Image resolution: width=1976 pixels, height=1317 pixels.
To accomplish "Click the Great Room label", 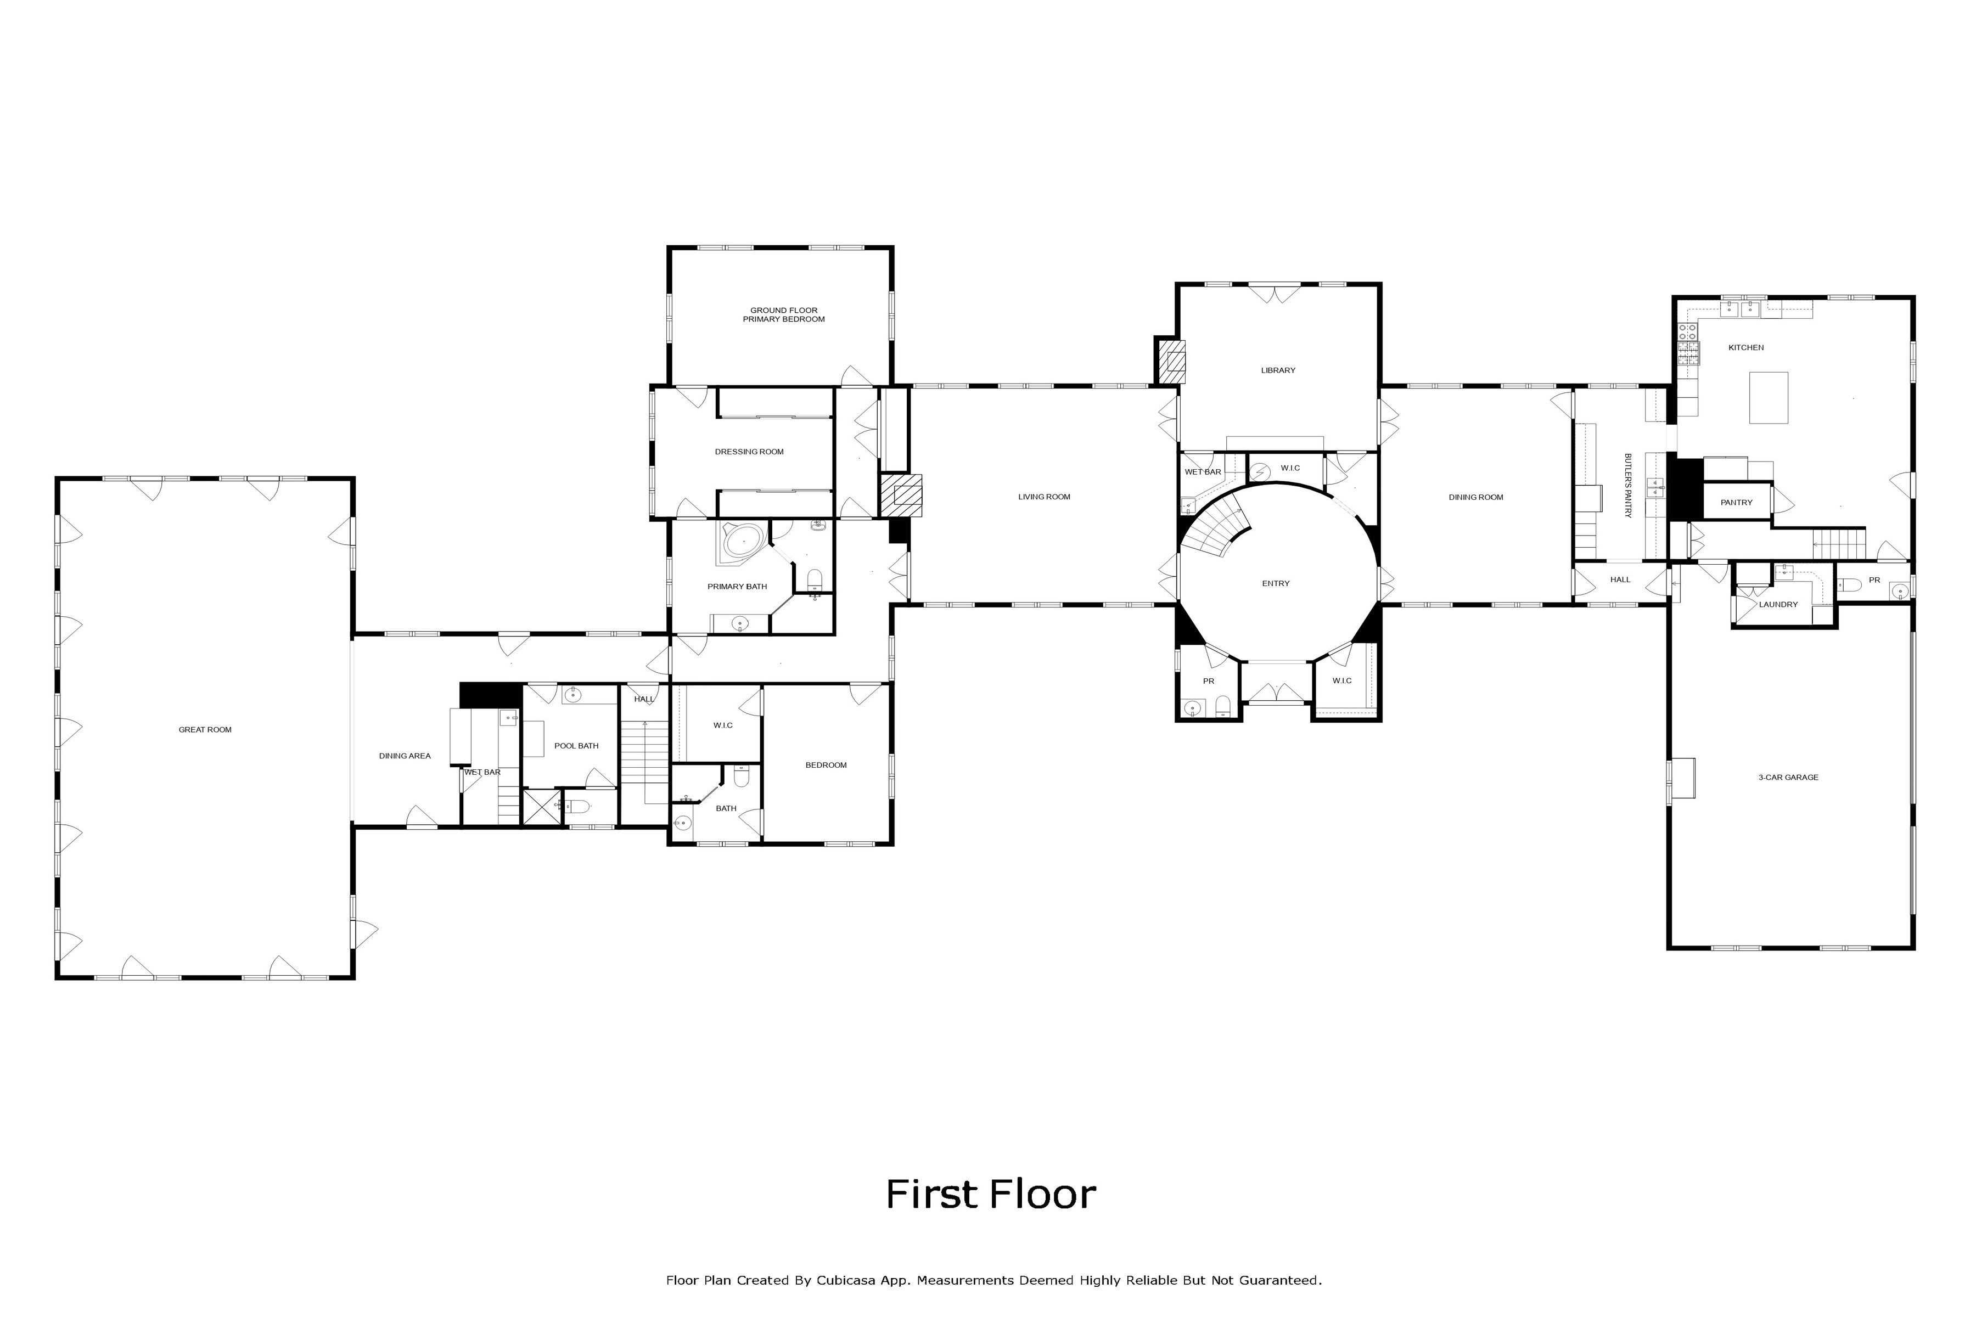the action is pos(205,730).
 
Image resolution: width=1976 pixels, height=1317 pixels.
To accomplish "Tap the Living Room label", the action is pos(1045,497).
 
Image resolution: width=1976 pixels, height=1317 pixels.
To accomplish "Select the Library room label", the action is pos(1278,370).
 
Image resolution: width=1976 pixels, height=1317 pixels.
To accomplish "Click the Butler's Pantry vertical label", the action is pos(1627,486).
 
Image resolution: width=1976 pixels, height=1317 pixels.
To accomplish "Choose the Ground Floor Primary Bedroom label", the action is pos(784,315).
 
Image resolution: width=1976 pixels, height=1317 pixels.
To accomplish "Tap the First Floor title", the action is pos(991,1195).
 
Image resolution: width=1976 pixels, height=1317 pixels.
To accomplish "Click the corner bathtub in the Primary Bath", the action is pos(742,542).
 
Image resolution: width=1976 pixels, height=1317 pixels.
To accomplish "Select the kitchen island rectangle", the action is pos(1769,397).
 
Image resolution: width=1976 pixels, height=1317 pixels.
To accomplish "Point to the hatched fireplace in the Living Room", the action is pos(901,496).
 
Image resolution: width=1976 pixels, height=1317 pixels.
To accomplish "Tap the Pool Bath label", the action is pos(576,746).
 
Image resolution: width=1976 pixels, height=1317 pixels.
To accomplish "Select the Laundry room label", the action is pos(1778,605).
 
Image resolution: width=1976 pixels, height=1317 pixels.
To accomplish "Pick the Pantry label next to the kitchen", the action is pos(1737,502).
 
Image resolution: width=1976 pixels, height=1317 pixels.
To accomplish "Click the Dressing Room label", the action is pos(749,452).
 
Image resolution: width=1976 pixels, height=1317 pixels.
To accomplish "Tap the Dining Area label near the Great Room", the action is pos(405,756).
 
